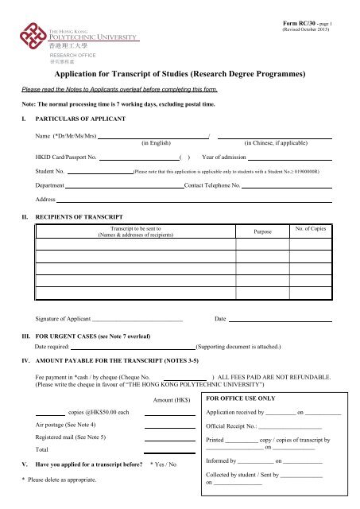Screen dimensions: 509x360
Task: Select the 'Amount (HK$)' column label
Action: pyautogui.click(x=168, y=399)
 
